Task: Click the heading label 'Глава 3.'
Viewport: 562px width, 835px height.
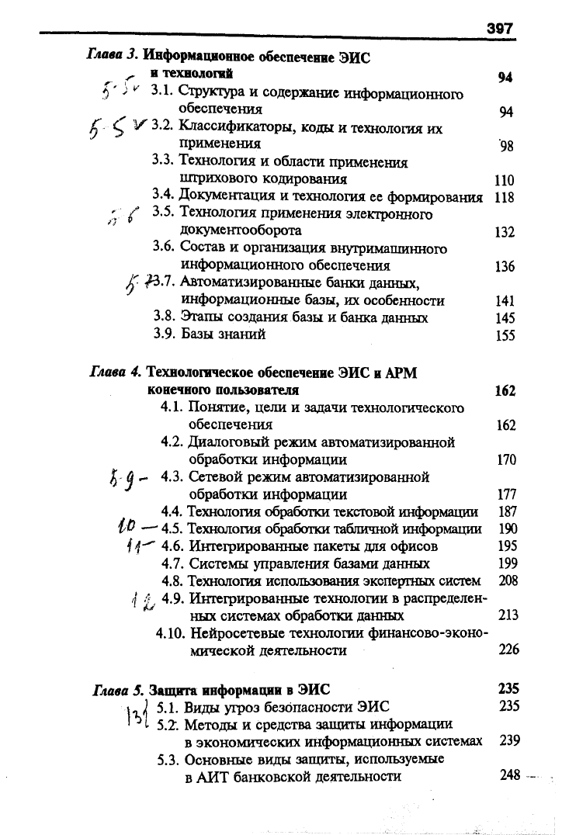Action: tap(111, 56)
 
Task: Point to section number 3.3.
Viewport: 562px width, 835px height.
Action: tap(161, 161)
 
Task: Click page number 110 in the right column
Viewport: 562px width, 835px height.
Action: tap(505, 180)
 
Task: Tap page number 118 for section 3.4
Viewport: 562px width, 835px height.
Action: tap(505, 197)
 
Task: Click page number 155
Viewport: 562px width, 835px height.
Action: tap(505, 336)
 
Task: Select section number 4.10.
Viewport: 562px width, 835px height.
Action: tap(171, 632)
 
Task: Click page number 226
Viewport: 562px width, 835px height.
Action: tap(508, 650)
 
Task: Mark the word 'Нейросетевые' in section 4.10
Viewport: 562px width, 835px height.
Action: tap(231, 632)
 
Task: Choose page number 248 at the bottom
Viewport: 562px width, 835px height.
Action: tap(509, 774)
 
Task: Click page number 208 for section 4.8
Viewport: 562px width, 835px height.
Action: tap(508, 580)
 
